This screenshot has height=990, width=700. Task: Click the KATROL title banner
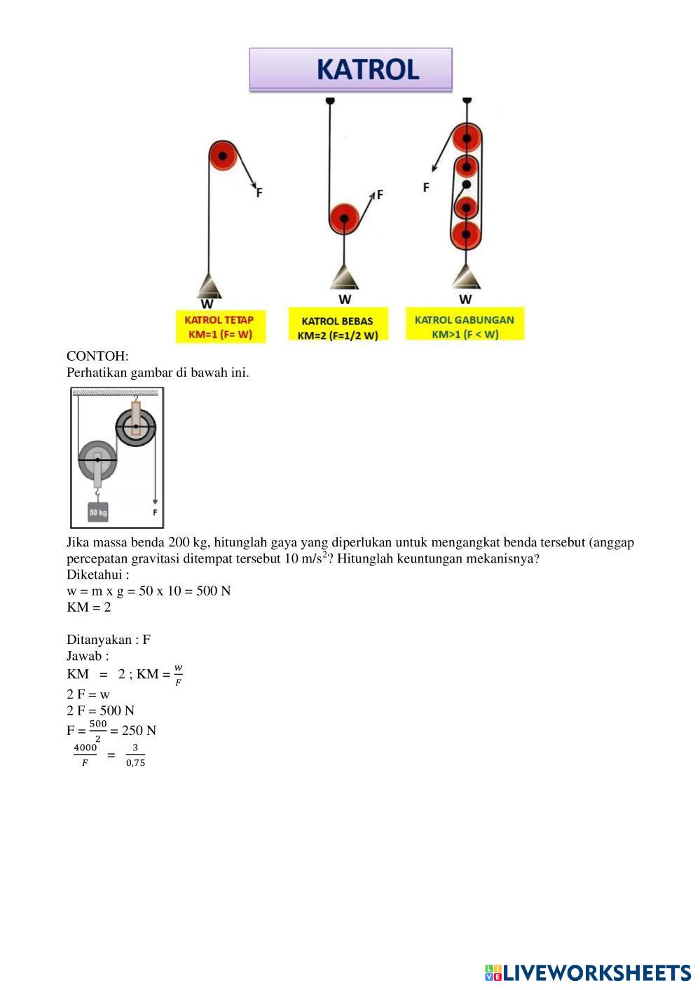coord(350,69)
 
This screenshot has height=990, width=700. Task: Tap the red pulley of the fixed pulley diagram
coord(223,156)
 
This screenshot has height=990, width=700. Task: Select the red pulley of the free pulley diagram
coord(344,219)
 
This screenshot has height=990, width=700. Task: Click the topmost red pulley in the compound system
coord(466,137)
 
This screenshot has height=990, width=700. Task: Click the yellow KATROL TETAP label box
coord(220,327)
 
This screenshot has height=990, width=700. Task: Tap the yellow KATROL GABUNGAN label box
coord(465,326)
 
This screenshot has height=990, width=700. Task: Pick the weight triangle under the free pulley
coord(344,277)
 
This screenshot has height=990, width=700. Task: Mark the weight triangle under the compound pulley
coord(466,277)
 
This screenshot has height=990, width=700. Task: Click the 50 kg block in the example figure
coord(98,513)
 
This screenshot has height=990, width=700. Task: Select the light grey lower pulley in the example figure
coord(97,460)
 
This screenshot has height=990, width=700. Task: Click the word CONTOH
coord(97,356)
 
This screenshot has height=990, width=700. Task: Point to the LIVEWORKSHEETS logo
coord(587,972)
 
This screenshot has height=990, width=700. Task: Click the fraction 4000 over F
coord(85,755)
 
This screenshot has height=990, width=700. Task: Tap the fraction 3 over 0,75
coord(135,755)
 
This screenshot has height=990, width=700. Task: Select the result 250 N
coord(139,730)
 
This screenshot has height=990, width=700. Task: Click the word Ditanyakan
coord(97,639)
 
